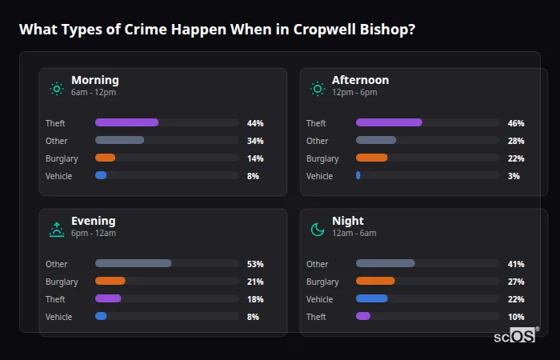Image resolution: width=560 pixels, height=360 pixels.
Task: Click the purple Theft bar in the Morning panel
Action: pos(126,122)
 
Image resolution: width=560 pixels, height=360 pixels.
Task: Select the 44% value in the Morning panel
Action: pos(255,123)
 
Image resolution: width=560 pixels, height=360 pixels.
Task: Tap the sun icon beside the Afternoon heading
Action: pos(318,88)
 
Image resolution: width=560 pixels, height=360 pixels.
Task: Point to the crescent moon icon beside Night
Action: pos(318,230)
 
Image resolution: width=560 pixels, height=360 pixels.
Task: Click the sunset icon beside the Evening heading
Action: pos(57,230)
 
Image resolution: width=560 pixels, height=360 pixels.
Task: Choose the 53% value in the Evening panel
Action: pos(255,264)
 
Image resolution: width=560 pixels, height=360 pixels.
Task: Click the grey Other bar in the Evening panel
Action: pos(133,263)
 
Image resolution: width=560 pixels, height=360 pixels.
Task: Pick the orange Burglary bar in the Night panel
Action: pos(375,281)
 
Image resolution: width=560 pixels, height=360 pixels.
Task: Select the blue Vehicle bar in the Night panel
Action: pos(371,298)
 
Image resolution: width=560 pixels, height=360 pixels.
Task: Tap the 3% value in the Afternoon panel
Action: pos(514,176)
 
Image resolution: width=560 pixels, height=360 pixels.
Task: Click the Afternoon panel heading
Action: pos(360,80)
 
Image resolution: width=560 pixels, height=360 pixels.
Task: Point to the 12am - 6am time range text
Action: pos(354,233)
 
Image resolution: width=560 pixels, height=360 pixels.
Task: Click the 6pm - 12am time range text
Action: pos(94,233)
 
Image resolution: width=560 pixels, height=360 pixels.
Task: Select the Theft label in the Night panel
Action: pos(317,317)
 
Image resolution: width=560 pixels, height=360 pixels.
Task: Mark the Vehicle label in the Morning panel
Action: pos(58,176)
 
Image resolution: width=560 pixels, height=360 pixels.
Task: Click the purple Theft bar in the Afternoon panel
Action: pos(389,122)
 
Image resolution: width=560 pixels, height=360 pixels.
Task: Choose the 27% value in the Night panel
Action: pos(516,282)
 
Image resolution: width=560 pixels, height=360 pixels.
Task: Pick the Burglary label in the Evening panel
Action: pos(62,282)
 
